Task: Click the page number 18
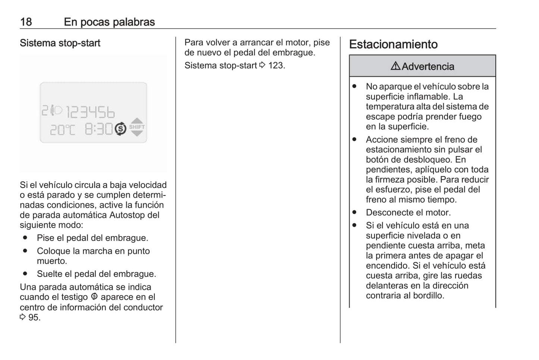pos(26,22)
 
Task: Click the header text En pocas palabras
pos(109,22)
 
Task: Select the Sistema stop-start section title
pos(60,43)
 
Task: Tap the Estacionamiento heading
pos(393,44)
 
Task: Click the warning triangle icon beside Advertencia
pos(395,66)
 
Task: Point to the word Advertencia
pos(428,66)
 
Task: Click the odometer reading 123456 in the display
pos(90,112)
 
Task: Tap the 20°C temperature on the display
pos(62,130)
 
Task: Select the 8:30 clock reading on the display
pos(98,129)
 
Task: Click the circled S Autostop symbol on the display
pos(120,129)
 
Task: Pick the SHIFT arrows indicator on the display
pos(137,127)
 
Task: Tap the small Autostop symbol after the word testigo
pos(94,297)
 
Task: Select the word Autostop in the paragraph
pos(125,215)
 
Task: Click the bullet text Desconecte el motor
pos(408,213)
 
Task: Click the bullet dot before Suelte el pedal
pos(25,274)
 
